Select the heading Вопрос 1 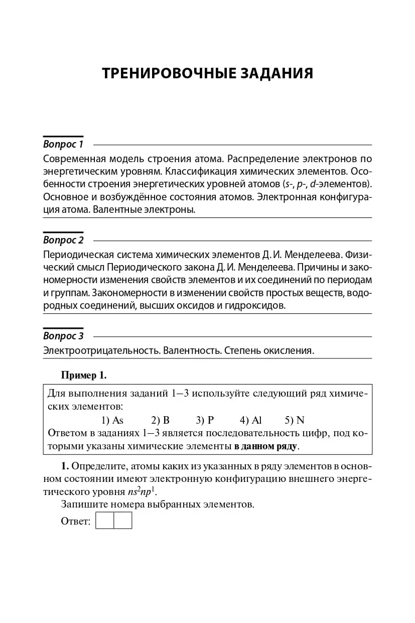63,145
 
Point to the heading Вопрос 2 63,240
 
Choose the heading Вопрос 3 63,336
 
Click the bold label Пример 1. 84,375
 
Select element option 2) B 161,420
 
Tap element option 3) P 205,420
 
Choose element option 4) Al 251,420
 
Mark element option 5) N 295,420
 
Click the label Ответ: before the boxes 76,521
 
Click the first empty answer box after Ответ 104,521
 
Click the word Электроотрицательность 102,350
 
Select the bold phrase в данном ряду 265,446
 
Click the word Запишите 82,505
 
